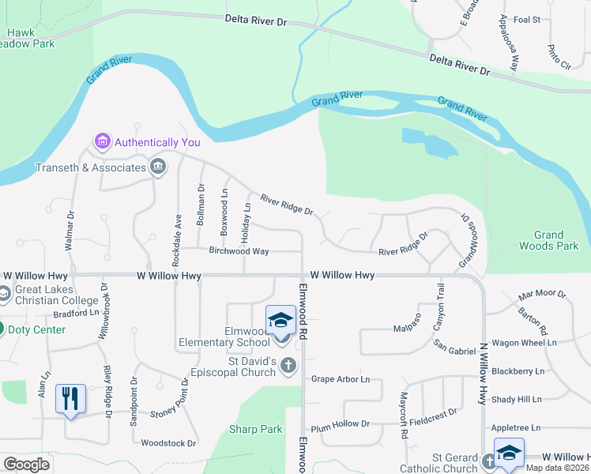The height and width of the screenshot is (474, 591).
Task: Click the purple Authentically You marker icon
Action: pos(102,142)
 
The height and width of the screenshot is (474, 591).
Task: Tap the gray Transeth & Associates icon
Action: pos(158,167)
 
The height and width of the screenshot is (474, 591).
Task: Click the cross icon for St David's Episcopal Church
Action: pos(288,365)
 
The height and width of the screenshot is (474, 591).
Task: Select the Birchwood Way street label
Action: pos(239,251)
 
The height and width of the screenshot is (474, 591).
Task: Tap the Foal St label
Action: pos(526,19)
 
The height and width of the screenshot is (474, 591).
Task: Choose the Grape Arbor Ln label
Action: pos(340,379)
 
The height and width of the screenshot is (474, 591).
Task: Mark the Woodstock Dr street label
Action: pos(168,443)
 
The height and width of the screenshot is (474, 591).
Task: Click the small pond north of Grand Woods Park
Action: pos(431,142)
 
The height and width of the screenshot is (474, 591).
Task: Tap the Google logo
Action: pos(27,465)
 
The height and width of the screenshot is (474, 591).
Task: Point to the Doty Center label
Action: pos(37,329)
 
